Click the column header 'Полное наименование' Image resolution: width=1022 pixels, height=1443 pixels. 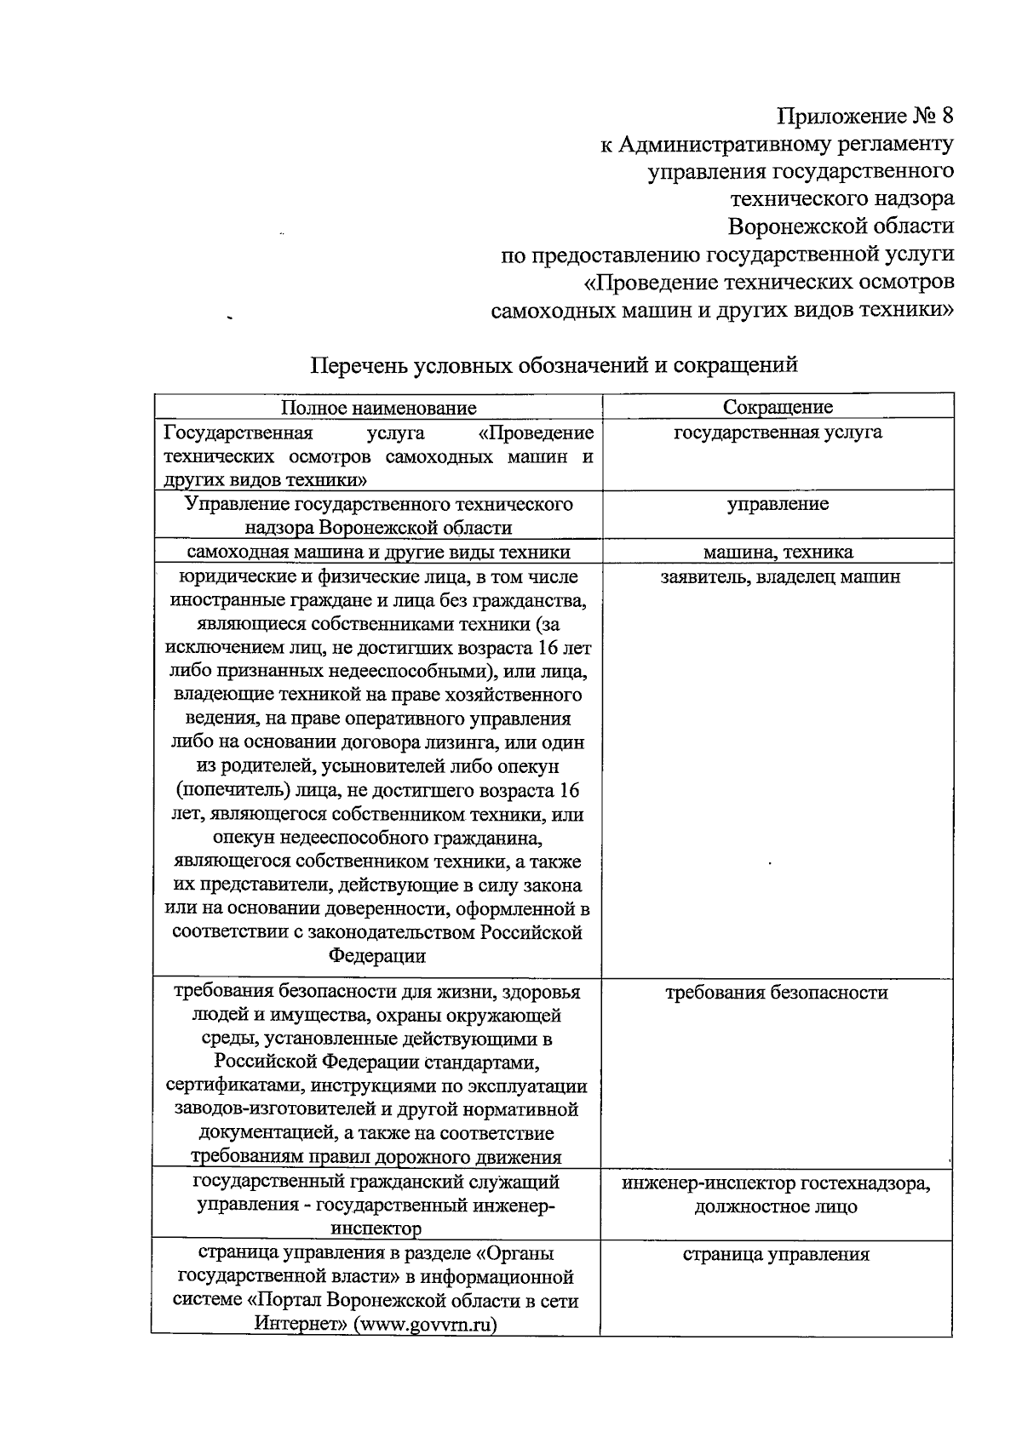pyautogui.click(x=379, y=408)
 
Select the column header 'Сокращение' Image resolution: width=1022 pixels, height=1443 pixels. pyautogui.click(x=778, y=407)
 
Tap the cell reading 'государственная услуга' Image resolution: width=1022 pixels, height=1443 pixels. pyautogui.click(x=778, y=432)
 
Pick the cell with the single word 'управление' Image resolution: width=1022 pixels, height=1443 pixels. pyautogui.click(x=778, y=504)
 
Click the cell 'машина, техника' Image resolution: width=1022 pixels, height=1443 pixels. pyautogui.click(x=778, y=553)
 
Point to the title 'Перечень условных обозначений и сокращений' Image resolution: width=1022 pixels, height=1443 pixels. pyautogui.click(x=554, y=365)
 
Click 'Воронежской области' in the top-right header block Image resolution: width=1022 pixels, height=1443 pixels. pyautogui.click(x=841, y=226)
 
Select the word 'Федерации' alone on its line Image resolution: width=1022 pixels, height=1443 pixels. pyautogui.click(x=377, y=955)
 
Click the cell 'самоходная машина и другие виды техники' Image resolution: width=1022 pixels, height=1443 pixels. pyautogui.click(x=378, y=553)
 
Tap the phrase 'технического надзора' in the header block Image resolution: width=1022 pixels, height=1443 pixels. pyautogui.click(x=842, y=199)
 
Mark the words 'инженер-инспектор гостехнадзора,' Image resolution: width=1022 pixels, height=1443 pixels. pyautogui.click(x=776, y=1183)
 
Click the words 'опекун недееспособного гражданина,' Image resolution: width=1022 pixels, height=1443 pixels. pyautogui.click(x=377, y=838)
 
